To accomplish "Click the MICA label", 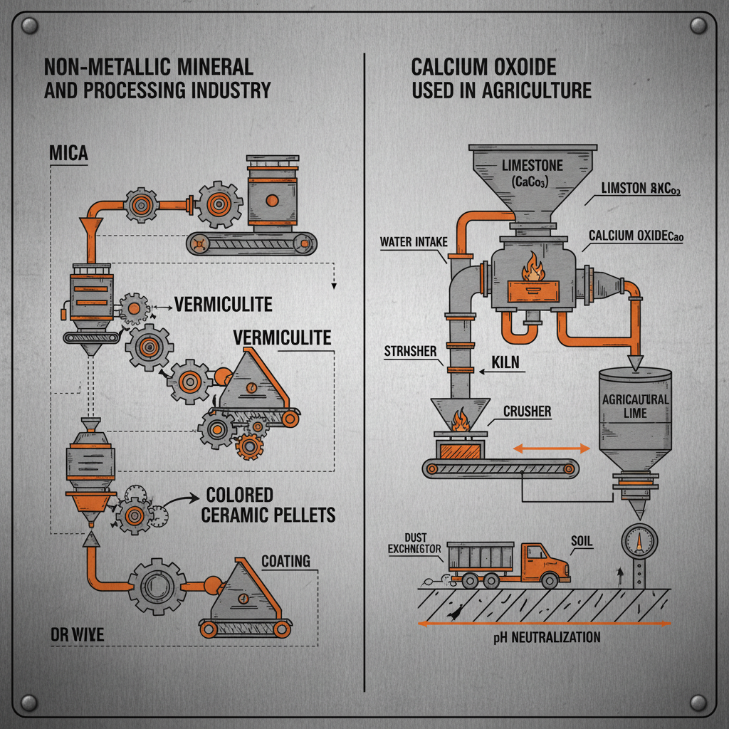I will tap(69, 154).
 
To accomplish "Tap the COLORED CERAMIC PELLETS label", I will tap(268, 504).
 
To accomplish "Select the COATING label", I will tap(285, 561).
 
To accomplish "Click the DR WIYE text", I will tap(78, 634).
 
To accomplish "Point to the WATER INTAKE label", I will tap(413, 242).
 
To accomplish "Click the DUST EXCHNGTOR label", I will tap(415, 544).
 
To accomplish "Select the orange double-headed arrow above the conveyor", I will tap(552, 449).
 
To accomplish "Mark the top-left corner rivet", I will tap(30, 27).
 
